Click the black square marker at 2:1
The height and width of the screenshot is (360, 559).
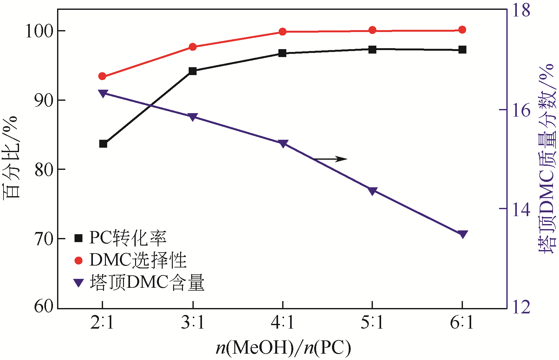(103, 144)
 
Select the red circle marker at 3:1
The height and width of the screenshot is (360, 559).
(193, 47)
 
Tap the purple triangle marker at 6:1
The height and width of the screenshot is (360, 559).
(462, 234)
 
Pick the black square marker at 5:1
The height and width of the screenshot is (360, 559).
(372, 49)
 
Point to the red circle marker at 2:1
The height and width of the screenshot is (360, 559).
(102, 76)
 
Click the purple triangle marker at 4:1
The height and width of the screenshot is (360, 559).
(283, 144)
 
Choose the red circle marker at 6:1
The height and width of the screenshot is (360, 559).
(462, 30)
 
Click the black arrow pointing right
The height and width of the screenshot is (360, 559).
(330, 159)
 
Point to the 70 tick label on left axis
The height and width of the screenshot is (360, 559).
(43, 239)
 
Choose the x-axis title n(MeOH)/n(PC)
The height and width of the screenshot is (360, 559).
(283, 348)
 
